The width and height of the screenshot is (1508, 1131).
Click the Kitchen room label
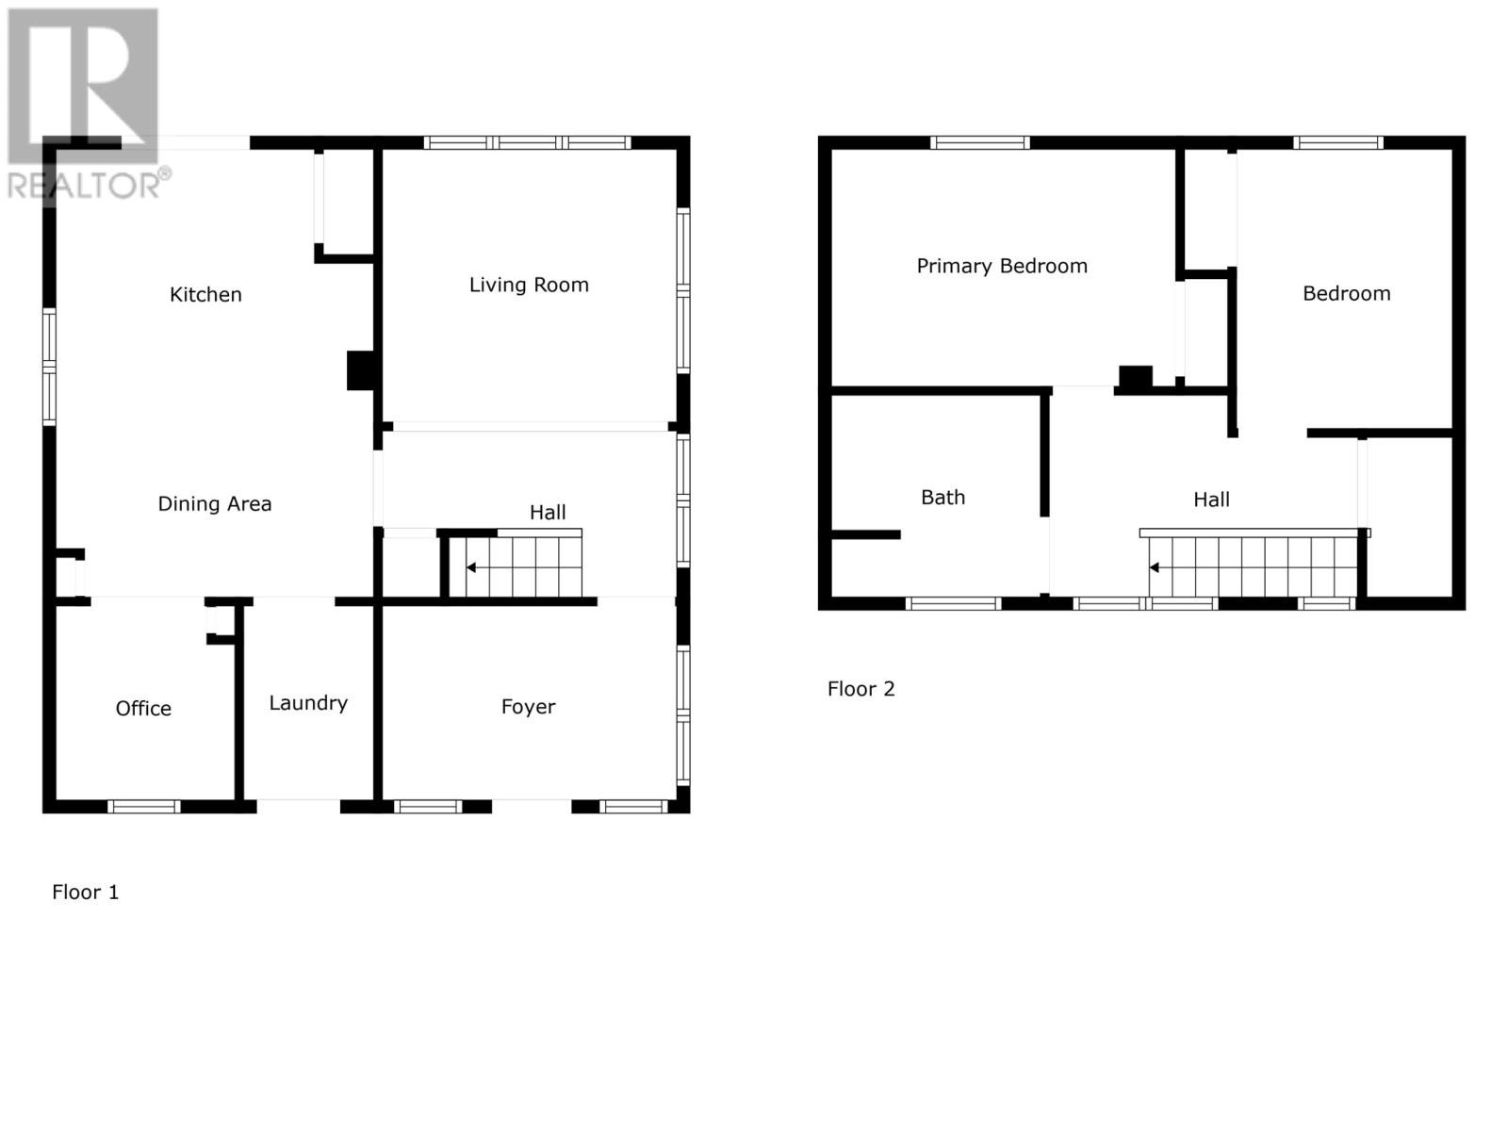(205, 295)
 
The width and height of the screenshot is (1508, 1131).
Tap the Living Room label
(529, 285)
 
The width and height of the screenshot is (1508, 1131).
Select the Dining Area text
(214, 504)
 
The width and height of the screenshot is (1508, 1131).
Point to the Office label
(143, 709)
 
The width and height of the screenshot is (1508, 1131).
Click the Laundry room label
(308, 703)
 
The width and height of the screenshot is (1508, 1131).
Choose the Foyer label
(528, 707)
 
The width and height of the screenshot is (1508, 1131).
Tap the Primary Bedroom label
(1002, 267)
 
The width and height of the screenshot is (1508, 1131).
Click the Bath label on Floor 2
(942, 498)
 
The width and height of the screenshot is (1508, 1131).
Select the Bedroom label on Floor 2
(1346, 294)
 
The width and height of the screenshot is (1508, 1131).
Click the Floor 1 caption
(85, 893)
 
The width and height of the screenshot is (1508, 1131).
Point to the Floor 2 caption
(861, 689)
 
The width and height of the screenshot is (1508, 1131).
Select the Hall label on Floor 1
(547, 513)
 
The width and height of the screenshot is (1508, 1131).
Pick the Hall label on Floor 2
(1211, 500)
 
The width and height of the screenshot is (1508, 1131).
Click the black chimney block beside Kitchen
(360, 370)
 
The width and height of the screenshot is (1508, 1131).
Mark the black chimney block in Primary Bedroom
(1135, 377)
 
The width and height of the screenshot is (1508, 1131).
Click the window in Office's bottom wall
(143, 807)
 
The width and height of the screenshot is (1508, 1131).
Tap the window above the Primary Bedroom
(979, 143)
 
